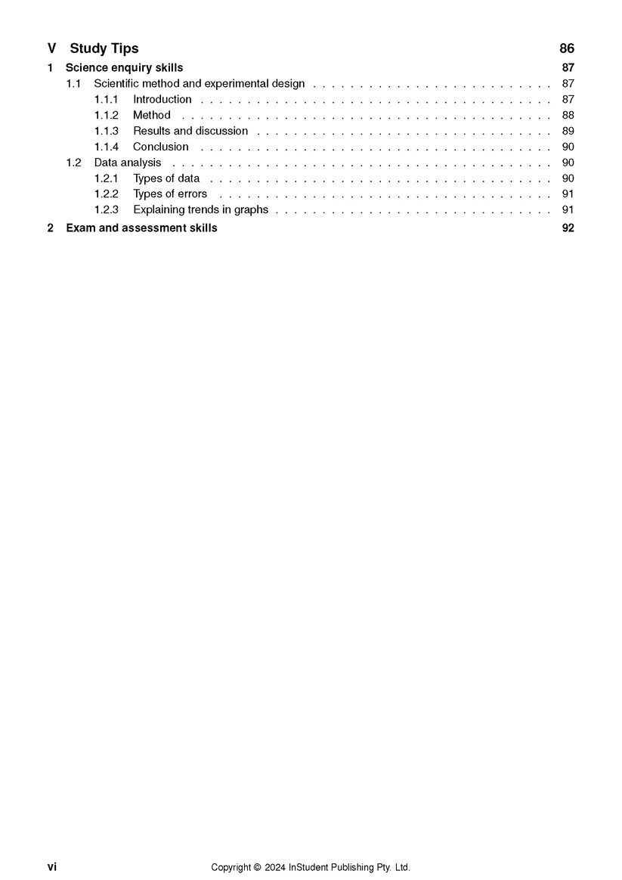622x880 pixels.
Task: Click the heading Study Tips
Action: coord(104,48)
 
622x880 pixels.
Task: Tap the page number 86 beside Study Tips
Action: coord(567,48)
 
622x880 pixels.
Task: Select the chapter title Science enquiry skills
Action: coord(124,68)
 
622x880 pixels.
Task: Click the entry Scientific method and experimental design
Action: coord(199,84)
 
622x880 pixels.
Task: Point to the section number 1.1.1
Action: coord(106,100)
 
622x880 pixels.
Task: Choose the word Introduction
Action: coord(162,100)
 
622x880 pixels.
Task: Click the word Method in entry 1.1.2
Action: coord(152,116)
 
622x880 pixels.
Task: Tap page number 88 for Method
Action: coord(568,116)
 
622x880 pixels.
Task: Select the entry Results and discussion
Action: coord(190,132)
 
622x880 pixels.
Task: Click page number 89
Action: coord(568,132)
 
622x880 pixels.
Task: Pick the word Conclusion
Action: coord(161,147)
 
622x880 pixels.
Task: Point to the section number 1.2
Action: coord(73,163)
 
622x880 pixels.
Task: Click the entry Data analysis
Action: coord(128,163)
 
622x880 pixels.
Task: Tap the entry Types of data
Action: coord(166,178)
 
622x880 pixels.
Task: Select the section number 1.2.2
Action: coord(107,194)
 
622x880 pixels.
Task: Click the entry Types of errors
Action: coord(170,194)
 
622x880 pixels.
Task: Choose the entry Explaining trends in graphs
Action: coord(200,210)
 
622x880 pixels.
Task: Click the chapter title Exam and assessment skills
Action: coord(141,228)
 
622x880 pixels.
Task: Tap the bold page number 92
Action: coord(568,228)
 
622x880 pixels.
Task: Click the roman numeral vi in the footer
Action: coord(51,867)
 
